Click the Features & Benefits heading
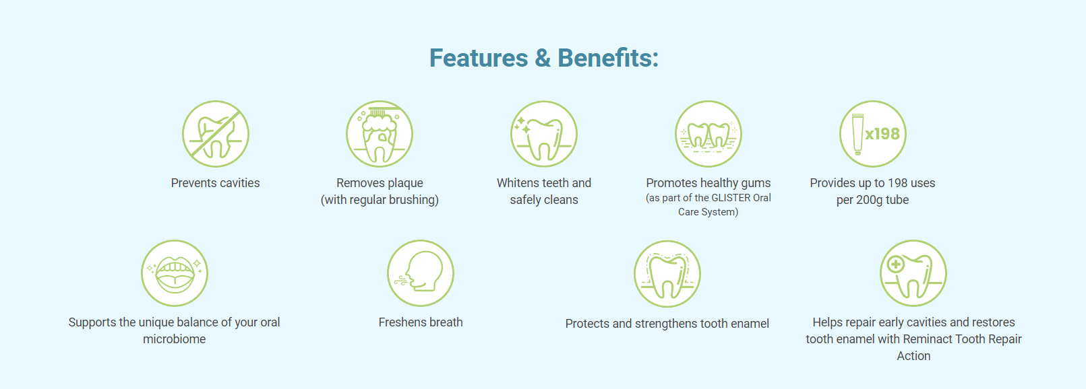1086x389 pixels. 543,58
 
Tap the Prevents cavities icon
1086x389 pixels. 215,134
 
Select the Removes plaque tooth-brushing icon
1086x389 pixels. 380,134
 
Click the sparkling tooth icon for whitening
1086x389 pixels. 543,134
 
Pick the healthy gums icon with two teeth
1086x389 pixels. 708,134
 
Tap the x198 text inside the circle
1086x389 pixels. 882,133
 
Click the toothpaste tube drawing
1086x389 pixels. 857,135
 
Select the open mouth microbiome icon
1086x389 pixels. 175,273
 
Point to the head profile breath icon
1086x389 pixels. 421,273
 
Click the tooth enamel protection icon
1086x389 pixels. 667,274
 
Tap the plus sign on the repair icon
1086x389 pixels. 895,264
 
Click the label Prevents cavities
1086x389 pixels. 215,183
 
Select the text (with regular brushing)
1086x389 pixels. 380,200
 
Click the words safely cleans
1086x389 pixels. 544,200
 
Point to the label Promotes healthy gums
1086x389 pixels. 708,183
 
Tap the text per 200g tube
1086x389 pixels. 872,200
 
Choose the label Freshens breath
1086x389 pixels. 421,322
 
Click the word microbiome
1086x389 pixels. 174,339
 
